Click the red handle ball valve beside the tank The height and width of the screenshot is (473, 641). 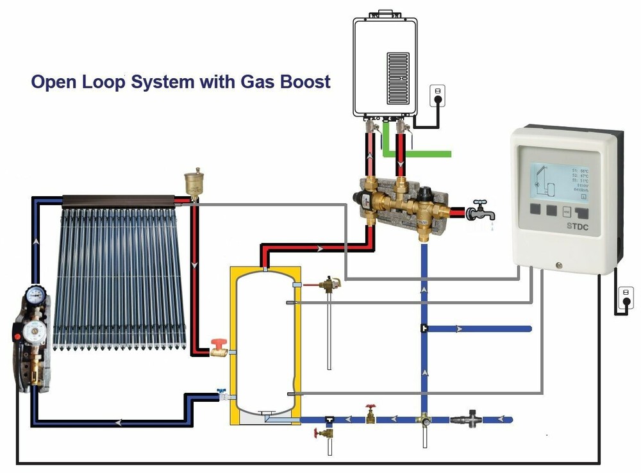219,349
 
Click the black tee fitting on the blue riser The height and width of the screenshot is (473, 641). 424,329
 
